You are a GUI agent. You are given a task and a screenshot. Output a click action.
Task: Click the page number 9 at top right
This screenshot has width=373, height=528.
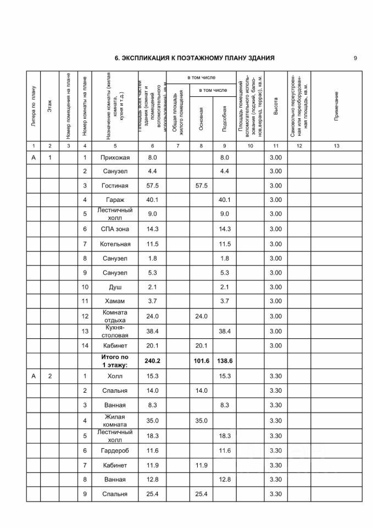(355, 58)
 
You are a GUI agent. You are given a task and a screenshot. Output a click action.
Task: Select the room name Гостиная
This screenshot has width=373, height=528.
(115, 186)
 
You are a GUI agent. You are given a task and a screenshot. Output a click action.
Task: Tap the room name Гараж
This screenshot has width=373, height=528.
(115, 200)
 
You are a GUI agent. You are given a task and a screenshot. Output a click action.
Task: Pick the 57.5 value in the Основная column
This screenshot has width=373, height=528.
(202, 186)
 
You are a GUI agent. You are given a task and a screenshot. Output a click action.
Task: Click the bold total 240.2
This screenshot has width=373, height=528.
(152, 360)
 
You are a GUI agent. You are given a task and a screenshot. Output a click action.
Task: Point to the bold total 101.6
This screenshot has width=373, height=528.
(202, 360)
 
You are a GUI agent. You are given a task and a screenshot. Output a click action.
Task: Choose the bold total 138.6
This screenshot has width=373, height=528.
(224, 360)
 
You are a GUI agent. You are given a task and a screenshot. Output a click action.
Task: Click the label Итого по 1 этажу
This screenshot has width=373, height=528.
(115, 361)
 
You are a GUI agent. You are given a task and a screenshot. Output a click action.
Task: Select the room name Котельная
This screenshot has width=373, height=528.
(115, 244)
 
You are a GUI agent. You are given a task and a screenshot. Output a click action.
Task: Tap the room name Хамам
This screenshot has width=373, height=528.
(115, 301)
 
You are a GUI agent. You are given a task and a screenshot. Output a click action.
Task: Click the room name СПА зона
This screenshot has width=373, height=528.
(115, 229)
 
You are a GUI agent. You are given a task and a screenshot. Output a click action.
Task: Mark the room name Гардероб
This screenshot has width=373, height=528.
(115, 450)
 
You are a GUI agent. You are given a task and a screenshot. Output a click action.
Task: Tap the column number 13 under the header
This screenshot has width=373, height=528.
(336, 146)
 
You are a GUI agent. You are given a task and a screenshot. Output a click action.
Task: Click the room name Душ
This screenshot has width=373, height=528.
(115, 287)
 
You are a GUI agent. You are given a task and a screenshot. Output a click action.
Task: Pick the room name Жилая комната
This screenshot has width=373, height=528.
(115, 421)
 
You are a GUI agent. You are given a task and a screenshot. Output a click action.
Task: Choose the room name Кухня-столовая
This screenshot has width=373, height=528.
(115, 331)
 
